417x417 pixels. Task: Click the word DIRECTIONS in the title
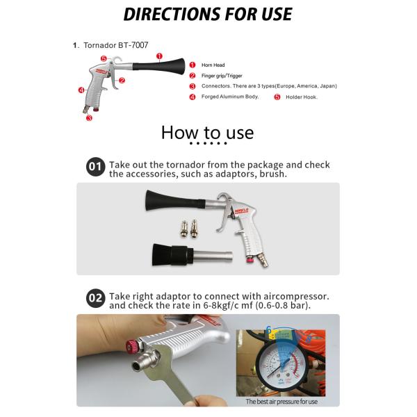[x=169, y=14]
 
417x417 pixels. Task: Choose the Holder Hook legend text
[x=301, y=97]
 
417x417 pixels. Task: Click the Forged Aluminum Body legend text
[x=229, y=97]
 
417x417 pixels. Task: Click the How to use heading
[x=207, y=132]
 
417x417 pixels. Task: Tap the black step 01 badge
[x=95, y=167]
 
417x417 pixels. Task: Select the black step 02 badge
[x=95, y=299]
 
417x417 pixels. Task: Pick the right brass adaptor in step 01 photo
[x=195, y=227]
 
